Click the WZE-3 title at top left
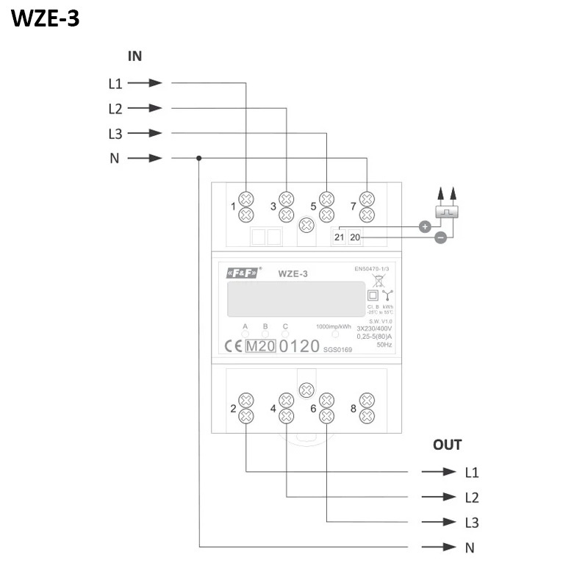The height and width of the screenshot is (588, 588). point(46,18)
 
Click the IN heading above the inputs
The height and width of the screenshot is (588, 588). point(135,56)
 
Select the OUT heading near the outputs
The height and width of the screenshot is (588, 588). point(447,445)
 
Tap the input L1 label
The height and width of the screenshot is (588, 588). point(115,83)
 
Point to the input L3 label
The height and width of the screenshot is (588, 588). point(115,133)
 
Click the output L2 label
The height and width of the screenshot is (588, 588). point(472,498)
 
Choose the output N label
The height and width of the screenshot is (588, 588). point(470,548)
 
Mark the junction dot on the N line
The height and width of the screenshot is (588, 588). point(199,158)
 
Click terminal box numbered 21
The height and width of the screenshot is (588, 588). point(339,237)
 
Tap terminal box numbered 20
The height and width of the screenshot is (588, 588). point(355,237)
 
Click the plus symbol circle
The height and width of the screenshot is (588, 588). point(424,226)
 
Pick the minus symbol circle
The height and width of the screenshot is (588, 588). point(440,237)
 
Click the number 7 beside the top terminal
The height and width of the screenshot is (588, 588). point(354,207)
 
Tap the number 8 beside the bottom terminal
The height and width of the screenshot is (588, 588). point(354,409)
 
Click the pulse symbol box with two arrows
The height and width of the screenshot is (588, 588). point(446,211)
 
